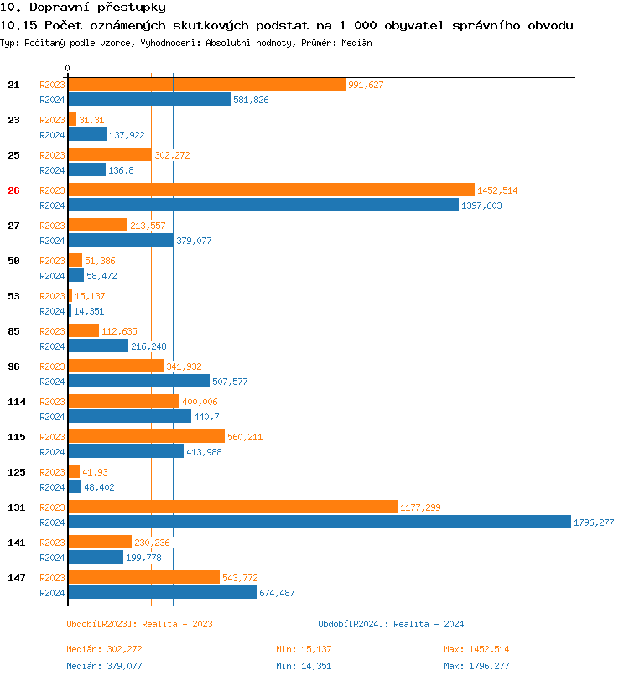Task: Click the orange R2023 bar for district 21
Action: click(206, 85)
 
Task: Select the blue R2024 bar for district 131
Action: click(319, 522)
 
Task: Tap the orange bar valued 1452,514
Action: click(271, 190)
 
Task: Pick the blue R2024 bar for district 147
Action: click(162, 592)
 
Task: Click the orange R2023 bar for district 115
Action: click(146, 437)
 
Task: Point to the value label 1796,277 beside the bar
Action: click(594, 522)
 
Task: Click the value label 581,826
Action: click(251, 100)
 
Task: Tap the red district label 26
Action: click(13, 190)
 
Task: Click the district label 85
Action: click(13, 331)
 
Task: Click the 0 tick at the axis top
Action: click(68, 68)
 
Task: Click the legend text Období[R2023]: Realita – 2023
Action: click(139, 624)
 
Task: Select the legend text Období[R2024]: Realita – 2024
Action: click(391, 624)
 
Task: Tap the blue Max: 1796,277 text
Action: click(476, 666)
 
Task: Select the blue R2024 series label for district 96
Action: click(52, 382)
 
